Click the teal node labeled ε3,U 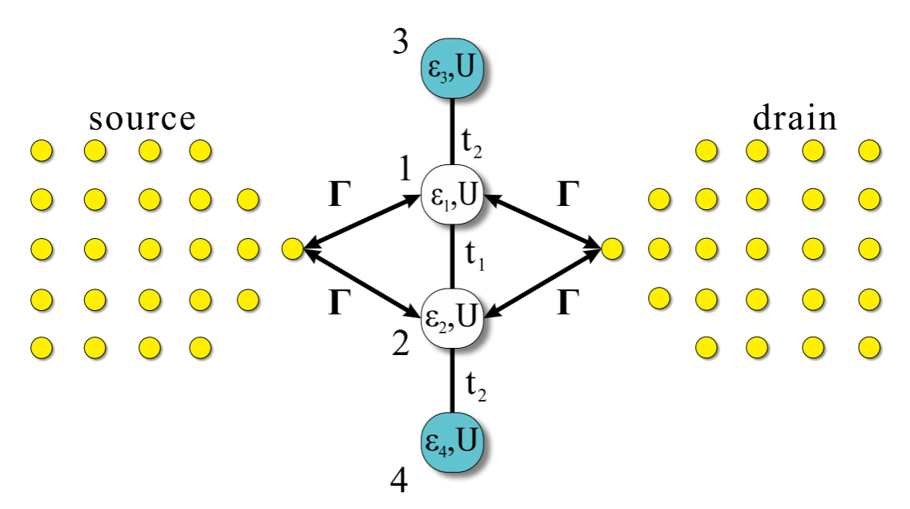[x=453, y=69]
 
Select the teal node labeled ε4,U [x=453, y=440]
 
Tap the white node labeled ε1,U [x=453, y=196]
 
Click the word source [x=143, y=119]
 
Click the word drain [x=795, y=119]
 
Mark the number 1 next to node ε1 [x=405, y=172]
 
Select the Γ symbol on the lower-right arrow [x=566, y=304]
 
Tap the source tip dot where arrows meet [x=292, y=249]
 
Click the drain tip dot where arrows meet [x=611, y=249]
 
